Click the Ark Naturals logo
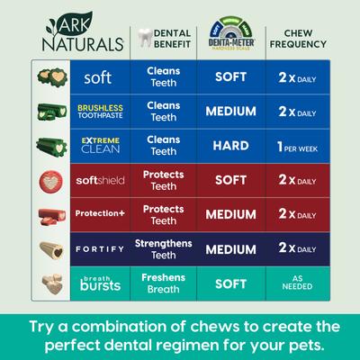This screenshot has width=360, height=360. [x=73, y=33]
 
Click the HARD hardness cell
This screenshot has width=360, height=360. [x=230, y=146]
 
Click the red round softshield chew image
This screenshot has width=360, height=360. [x=47, y=181]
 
